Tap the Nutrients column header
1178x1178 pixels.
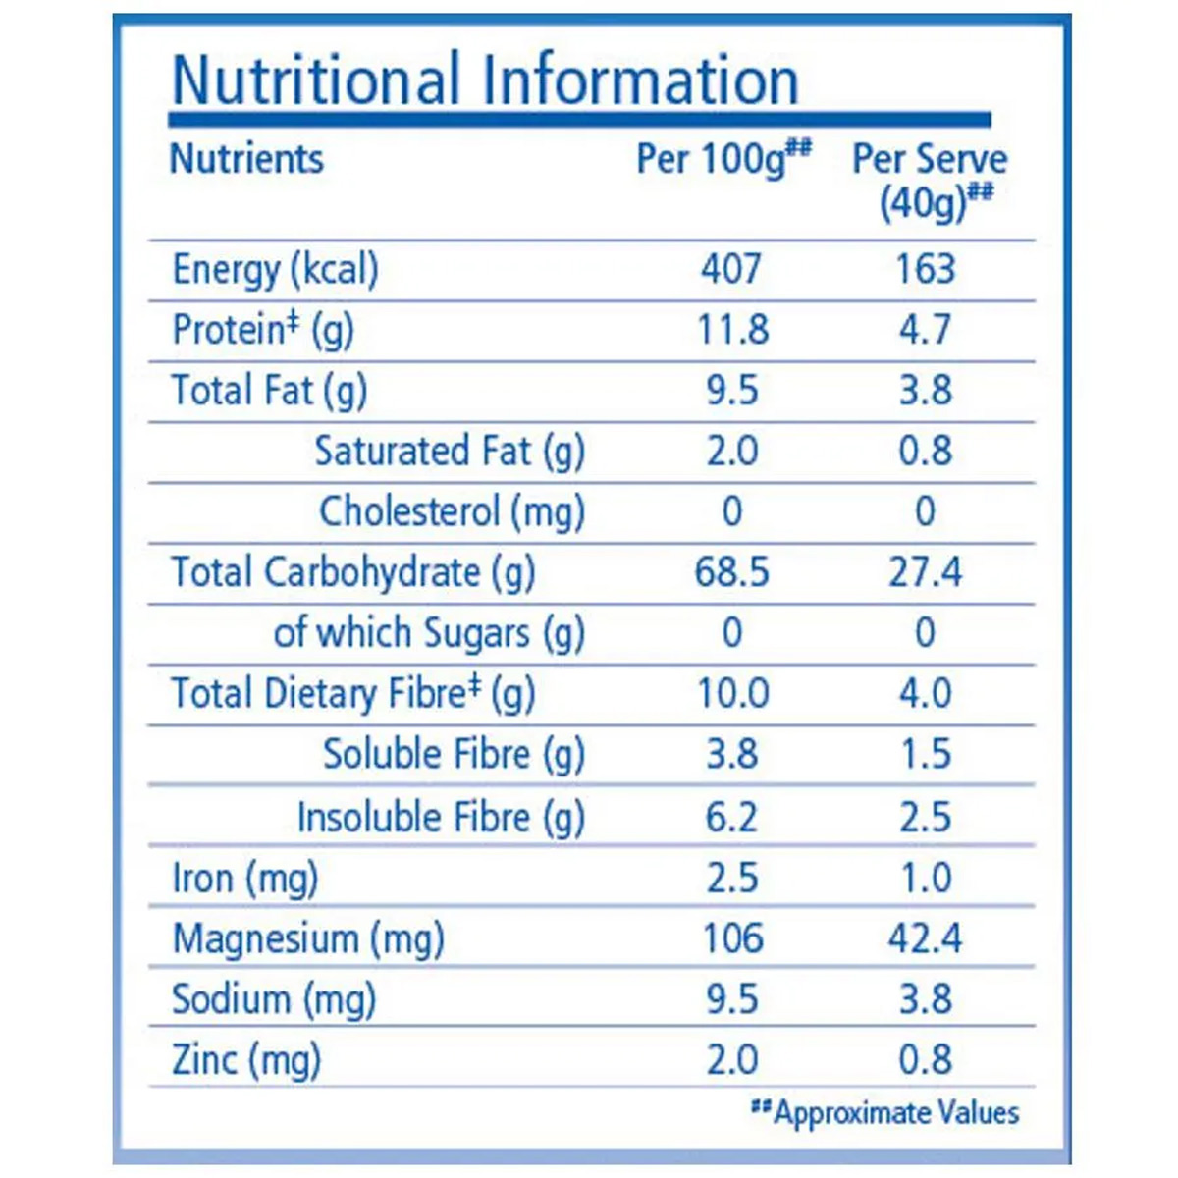pyautogui.click(x=246, y=158)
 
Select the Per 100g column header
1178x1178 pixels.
pyautogui.click(x=723, y=158)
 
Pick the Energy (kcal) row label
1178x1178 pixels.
pyautogui.click(x=275, y=269)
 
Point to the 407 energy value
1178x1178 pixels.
pyautogui.click(x=731, y=269)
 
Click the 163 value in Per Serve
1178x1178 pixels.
pyautogui.click(x=925, y=269)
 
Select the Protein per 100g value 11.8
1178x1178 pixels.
pyautogui.click(x=732, y=330)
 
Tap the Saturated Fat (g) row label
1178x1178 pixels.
pyautogui.click(x=450, y=451)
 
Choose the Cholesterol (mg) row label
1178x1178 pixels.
pyautogui.click(x=452, y=511)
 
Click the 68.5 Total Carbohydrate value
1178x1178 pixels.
pyautogui.click(x=731, y=572)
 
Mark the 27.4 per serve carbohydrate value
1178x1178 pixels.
pyautogui.click(x=925, y=572)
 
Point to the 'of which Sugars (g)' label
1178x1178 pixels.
pyautogui.click(x=429, y=633)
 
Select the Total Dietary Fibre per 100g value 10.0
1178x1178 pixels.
pyautogui.click(x=732, y=694)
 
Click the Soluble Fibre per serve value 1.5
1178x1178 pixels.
pyautogui.click(x=925, y=754)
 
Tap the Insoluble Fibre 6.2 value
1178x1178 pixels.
pyautogui.click(x=731, y=817)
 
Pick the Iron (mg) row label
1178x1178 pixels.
pyautogui.click(x=244, y=878)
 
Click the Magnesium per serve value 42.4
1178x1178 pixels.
pyautogui.click(x=925, y=938)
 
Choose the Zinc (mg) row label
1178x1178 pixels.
pyautogui.click(x=246, y=1060)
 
